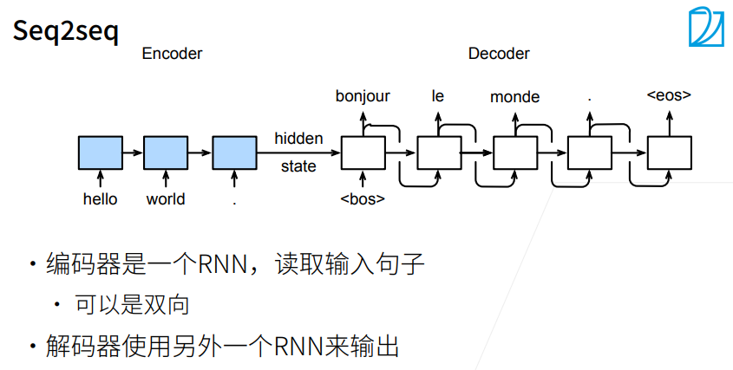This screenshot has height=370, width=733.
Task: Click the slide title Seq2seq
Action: click(x=65, y=32)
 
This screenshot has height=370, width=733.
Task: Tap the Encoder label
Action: click(x=172, y=54)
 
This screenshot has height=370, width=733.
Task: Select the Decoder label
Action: click(x=499, y=54)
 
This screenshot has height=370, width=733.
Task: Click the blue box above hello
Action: click(x=101, y=153)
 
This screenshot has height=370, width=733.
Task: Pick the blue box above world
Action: click(x=166, y=153)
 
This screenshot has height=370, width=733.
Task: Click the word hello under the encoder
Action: click(x=100, y=199)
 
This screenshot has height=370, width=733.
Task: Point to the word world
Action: click(x=166, y=199)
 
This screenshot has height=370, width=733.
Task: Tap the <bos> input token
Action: click(x=363, y=199)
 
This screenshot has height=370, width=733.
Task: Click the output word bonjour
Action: click(x=363, y=97)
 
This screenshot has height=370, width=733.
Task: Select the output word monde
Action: click(x=514, y=97)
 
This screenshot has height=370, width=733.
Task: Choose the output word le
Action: click(x=437, y=96)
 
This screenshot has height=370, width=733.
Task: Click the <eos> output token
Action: click(x=669, y=94)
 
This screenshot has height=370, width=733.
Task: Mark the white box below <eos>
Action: click(x=670, y=153)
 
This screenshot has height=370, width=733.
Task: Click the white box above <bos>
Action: click(x=363, y=153)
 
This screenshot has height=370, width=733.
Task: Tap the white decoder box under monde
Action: click(x=515, y=153)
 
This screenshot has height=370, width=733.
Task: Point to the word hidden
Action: click(x=298, y=139)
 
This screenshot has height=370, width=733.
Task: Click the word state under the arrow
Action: click(x=298, y=166)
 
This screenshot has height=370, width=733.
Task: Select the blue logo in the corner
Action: click(x=706, y=27)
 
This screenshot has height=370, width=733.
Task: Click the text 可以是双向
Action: click(x=133, y=305)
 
